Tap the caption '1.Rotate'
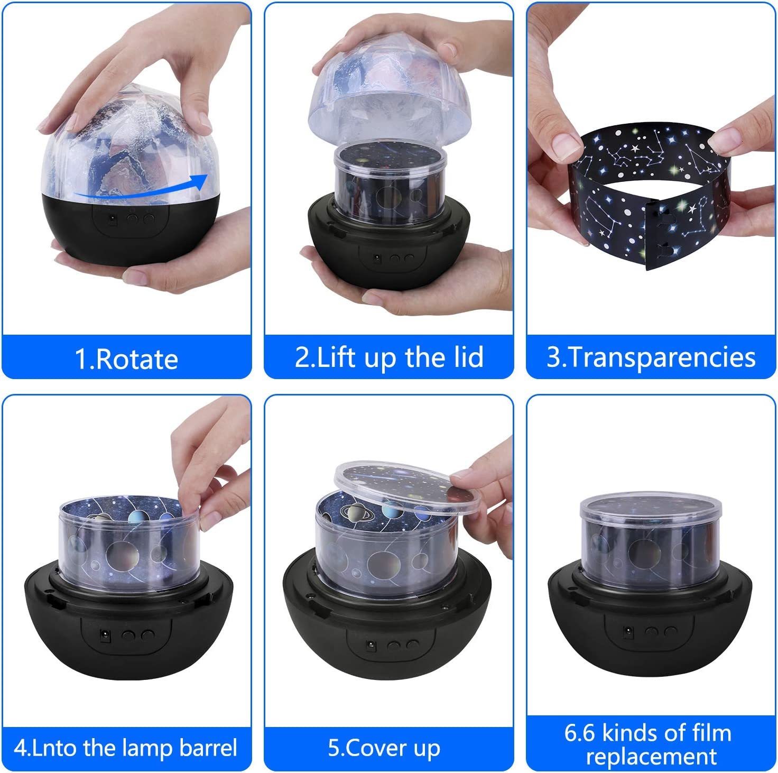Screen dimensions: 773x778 pos(126,358)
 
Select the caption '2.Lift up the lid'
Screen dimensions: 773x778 pos(389,357)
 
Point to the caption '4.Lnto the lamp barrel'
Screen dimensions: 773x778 pos(126,748)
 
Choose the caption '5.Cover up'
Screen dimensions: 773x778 pos(384,748)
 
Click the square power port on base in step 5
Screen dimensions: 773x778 pos(371,645)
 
